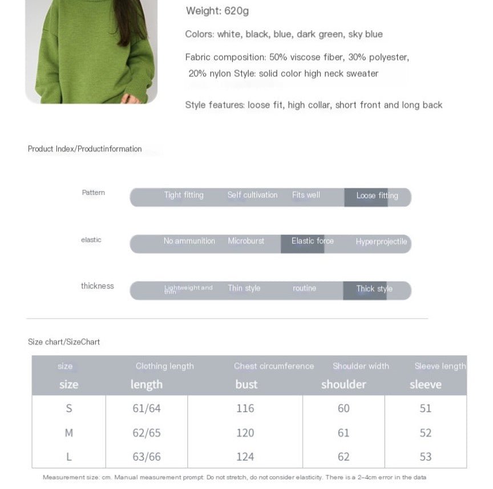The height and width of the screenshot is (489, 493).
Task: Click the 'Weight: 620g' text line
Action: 217,11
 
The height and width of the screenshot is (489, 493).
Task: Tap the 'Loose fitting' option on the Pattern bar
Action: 377,195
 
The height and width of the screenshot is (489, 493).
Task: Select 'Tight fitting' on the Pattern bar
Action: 184,195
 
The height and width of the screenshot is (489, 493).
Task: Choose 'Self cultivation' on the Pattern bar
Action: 252,195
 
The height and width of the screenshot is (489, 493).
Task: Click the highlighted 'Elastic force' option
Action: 312,241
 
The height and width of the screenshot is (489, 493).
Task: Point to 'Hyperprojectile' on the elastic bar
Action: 381,242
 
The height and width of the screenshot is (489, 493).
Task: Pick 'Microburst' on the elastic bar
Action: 246,241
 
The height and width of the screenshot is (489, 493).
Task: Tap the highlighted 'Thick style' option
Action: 374,289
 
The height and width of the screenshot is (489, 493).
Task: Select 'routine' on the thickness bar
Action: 304,288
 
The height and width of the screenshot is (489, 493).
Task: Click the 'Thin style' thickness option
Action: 244,288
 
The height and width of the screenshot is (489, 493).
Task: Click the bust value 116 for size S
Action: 245,408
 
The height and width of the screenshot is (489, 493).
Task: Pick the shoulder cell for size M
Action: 344,433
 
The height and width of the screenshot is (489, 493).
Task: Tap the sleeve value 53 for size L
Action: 426,457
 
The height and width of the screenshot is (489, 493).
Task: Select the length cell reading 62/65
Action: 147,433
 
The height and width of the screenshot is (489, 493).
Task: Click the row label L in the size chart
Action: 69,457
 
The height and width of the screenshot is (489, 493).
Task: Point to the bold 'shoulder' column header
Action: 344,384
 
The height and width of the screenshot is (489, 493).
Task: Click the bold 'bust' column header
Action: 246,384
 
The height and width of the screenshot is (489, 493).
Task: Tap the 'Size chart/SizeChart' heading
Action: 64,342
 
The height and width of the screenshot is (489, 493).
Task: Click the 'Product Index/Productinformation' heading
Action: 85,149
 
